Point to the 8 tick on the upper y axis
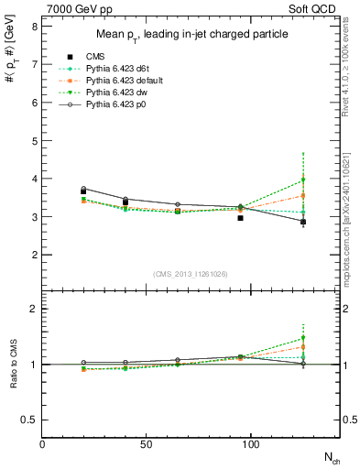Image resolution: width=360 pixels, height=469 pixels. pyautogui.click(x=34, y=27)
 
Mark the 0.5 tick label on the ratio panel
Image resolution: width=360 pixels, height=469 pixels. pyautogui.click(x=30, y=420)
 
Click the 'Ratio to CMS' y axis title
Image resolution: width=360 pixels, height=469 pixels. pyautogui.click(x=12, y=365)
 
